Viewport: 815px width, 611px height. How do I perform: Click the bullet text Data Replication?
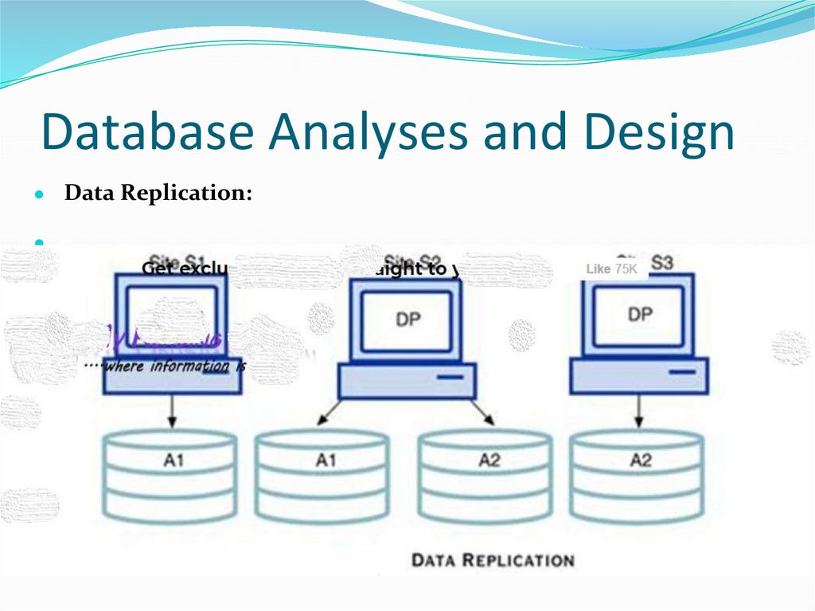coord(158,194)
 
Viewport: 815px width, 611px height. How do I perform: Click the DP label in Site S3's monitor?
coord(639,314)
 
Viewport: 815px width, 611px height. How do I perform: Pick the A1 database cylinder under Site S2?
coord(322,474)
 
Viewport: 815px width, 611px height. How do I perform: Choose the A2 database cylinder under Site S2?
coord(486,474)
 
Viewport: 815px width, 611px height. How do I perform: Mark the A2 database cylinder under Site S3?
coord(638,474)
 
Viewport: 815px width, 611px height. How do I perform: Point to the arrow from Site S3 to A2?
coord(638,410)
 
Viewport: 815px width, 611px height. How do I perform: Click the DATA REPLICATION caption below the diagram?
coord(492,560)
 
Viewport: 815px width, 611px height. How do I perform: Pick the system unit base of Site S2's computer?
coord(407,381)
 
